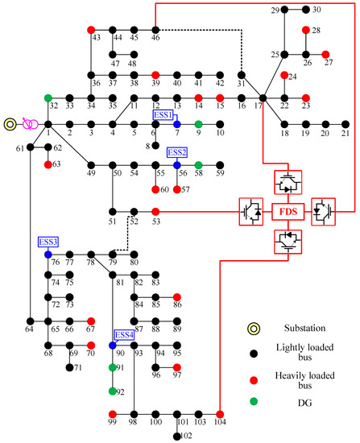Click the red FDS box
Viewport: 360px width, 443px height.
[288, 213]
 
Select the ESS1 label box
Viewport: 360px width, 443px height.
[163, 115]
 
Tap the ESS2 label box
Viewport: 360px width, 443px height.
[177, 151]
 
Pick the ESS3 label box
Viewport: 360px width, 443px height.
[48, 242]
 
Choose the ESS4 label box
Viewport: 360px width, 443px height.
[124, 334]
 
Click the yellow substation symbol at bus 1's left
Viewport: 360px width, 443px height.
[10, 124]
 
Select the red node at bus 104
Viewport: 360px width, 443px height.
[219, 414]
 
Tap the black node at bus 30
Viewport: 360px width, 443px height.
[306, 10]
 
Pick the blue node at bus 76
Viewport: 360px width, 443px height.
[48, 254]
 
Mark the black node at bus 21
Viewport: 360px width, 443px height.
[346, 124]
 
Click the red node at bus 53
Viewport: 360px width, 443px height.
[155, 213]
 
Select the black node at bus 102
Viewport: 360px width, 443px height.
[176, 437]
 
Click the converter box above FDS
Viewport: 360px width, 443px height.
[288, 183]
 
